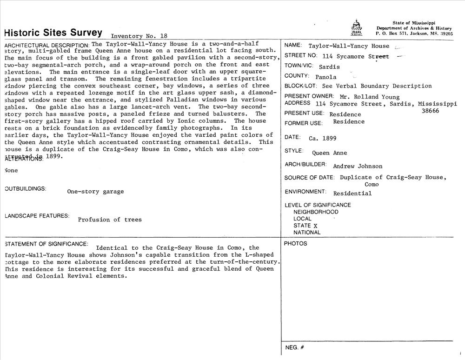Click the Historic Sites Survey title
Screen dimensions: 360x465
pyautogui.click(x=53, y=33)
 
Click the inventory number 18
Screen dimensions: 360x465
pyautogui.click(x=163, y=36)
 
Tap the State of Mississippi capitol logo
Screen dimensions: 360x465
pyautogui.click(x=356, y=28)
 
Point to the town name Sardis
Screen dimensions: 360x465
pyautogui.click(x=329, y=67)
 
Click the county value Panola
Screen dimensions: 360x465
pyautogui.click(x=325, y=77)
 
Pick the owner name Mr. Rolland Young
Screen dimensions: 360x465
pyautogui.click(x=370, y=97)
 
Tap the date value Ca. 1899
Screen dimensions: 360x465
pyautogui.click(x=322, y=138)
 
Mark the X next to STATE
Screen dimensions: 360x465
pyautogui.click(x=315, y=226)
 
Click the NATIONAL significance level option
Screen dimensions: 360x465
pyautogui.click(x=307, y=233)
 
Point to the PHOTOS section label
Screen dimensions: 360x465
pyautogui.click(x=295, y=244)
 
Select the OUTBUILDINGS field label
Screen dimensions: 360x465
pyautogui.click(x=25, y=189)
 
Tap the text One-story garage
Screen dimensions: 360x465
pyautogui.click(x=95, y=192)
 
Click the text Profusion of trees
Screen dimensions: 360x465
pyautogui.click(x=110, y=220)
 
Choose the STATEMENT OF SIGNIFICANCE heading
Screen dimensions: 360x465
pyautogui.click(x=46, y=244)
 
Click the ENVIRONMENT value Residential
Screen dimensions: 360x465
pyautogui.click(x=352, y=193)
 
